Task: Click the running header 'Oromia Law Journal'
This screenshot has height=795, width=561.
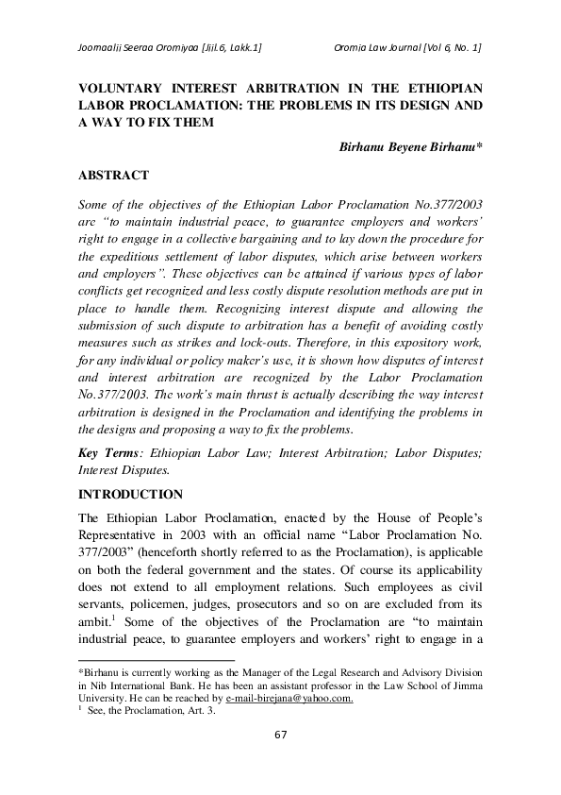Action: tap(377, 47)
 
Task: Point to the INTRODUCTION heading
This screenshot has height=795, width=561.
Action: tap(130, 494)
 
